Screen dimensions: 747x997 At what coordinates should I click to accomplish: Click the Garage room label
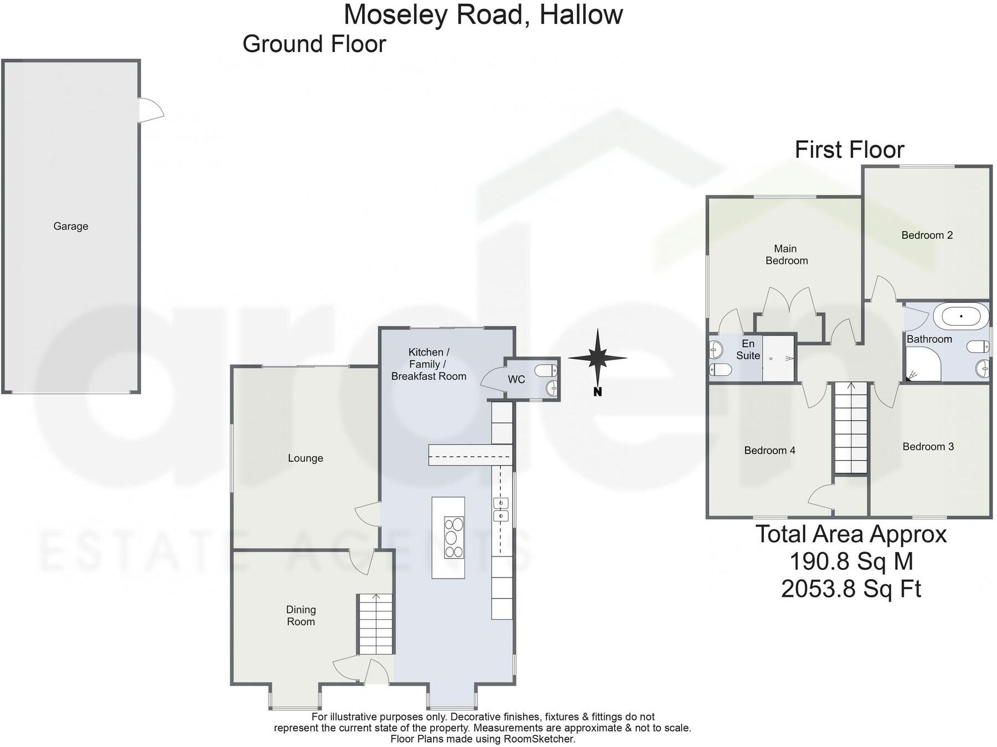pos(70,226)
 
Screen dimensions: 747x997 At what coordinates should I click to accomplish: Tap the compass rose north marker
pos(597,391)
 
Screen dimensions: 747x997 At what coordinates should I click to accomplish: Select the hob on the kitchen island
pos(454,537)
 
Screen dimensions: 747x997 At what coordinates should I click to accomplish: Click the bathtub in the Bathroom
pos(960,316)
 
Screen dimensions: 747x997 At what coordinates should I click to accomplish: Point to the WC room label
pos(516,379)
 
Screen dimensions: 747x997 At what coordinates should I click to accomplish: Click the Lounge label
pos(305,458)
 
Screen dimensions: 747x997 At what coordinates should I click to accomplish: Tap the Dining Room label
pos(301,615)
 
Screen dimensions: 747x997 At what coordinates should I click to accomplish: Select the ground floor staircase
pos(376,624)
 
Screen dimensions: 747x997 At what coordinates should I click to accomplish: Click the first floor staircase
pos(851,427)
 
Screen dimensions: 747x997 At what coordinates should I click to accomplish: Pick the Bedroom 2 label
pos(927,235)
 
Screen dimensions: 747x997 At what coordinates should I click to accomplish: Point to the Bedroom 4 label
pos(769,450)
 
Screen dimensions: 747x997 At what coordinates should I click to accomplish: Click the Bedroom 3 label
pos(928,446)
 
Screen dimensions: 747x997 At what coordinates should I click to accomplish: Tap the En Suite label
pos(748,349)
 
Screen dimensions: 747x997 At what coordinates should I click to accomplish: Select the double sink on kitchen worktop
pos(500,509)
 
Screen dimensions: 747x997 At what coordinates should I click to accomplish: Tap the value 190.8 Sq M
pos(851,561)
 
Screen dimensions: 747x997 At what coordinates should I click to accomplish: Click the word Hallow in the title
pos(581,14)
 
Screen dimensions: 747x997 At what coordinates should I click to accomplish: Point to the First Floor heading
pos(849,150)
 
